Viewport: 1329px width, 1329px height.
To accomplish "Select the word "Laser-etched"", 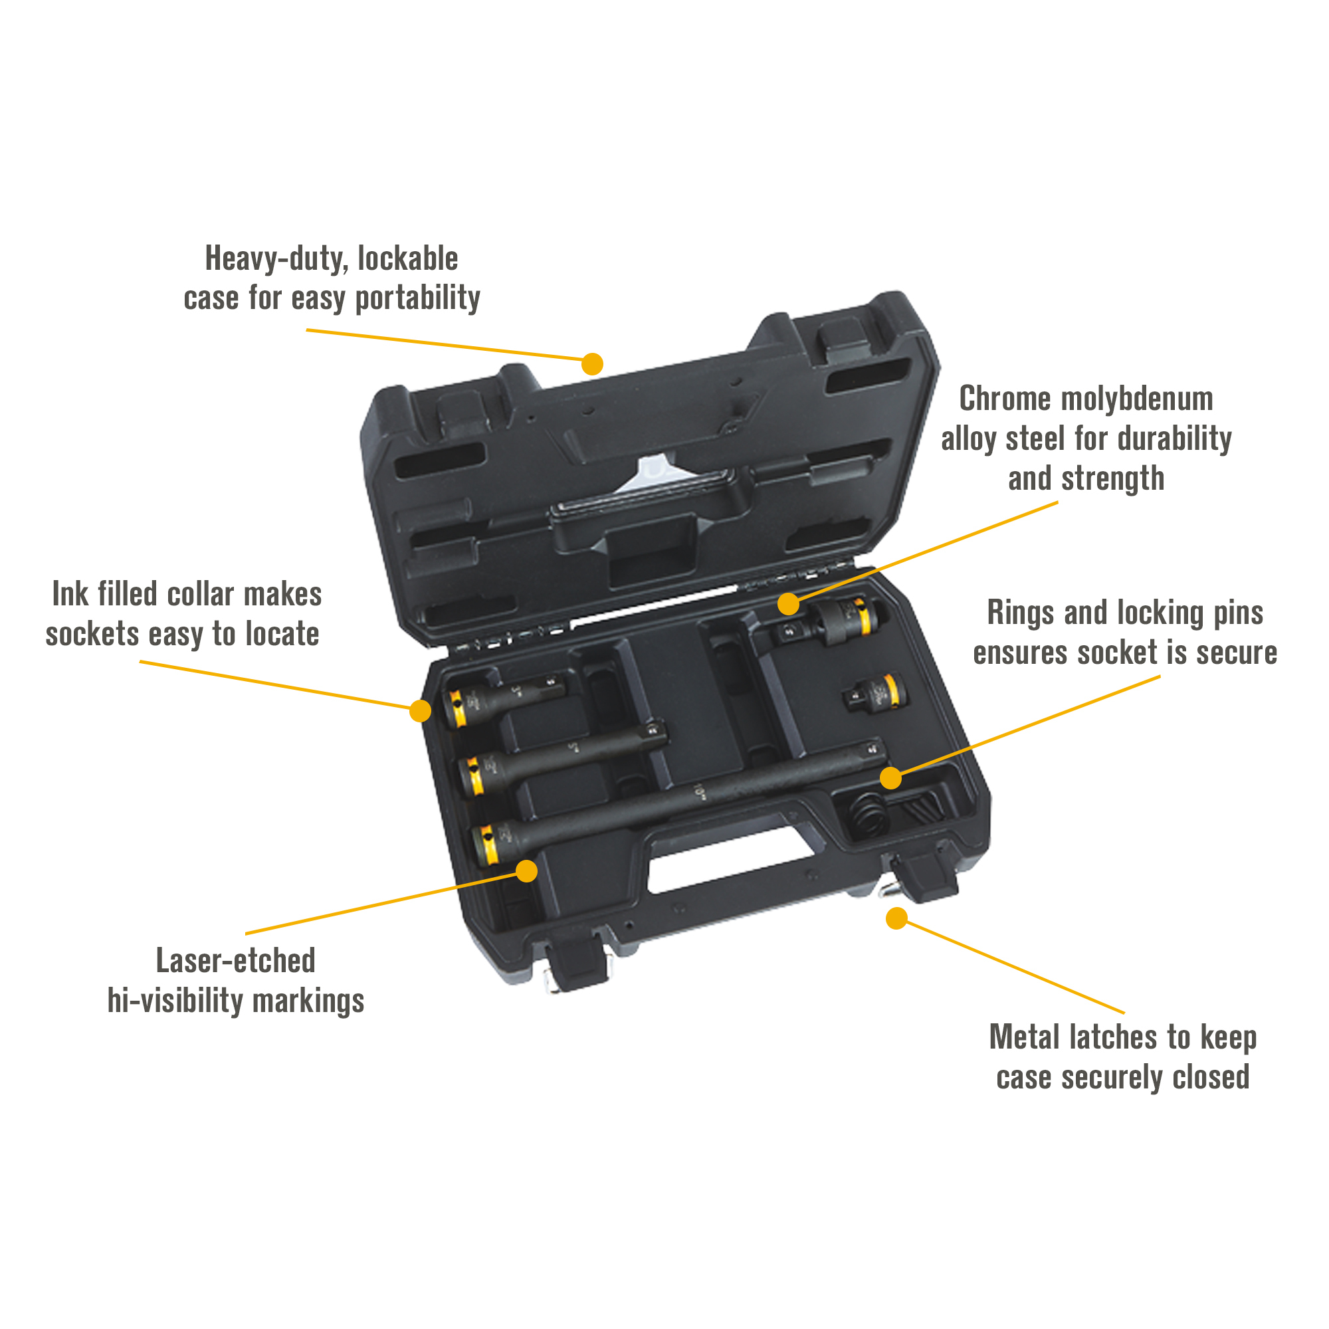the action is pos(236,960).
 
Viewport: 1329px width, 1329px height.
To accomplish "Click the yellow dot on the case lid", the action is pos(592,364).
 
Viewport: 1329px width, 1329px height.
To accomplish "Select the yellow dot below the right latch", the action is pos(896,918).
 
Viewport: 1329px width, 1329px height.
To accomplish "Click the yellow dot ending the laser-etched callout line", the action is pos(526,871).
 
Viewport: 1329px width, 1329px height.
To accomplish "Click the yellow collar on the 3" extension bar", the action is pos(456,709).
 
